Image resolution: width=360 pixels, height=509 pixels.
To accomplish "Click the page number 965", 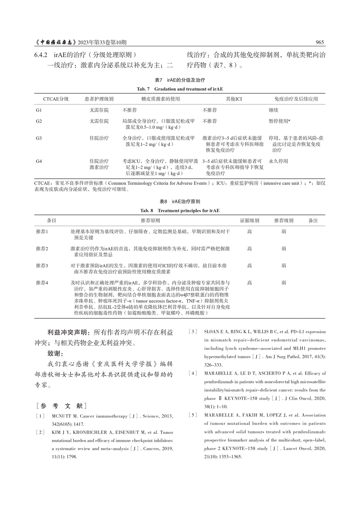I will coord(319,42).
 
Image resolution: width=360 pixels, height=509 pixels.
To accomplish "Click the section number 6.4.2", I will coord(41,55).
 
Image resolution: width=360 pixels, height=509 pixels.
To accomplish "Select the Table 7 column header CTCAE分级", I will coord(56,99).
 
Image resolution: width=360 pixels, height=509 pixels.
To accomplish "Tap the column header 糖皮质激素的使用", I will coord(160,99).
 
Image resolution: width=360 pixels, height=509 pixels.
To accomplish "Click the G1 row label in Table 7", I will coord(39,110).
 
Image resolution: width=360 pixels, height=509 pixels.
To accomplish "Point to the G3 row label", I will coord(39,138).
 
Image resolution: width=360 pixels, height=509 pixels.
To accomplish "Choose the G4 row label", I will coord(39,161).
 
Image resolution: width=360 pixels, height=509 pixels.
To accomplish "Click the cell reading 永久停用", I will coord(278,161).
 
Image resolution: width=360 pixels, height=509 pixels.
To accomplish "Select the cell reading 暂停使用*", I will coord(279,121).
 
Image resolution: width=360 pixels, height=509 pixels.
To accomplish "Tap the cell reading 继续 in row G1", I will coord(273,110).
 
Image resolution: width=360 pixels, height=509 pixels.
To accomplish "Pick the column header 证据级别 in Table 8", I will coord(250,220).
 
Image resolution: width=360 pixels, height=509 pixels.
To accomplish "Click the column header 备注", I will coord(313,220).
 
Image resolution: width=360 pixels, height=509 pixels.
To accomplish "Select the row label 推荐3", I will coord(42,266).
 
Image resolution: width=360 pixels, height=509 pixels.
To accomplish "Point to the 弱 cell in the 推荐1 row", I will coord(284,231).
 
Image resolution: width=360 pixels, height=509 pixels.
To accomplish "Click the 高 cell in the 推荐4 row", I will coord(250,283).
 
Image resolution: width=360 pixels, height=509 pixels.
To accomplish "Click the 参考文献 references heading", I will coord(61,406).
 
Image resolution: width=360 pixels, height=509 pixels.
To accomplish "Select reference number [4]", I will coord(193,373).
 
